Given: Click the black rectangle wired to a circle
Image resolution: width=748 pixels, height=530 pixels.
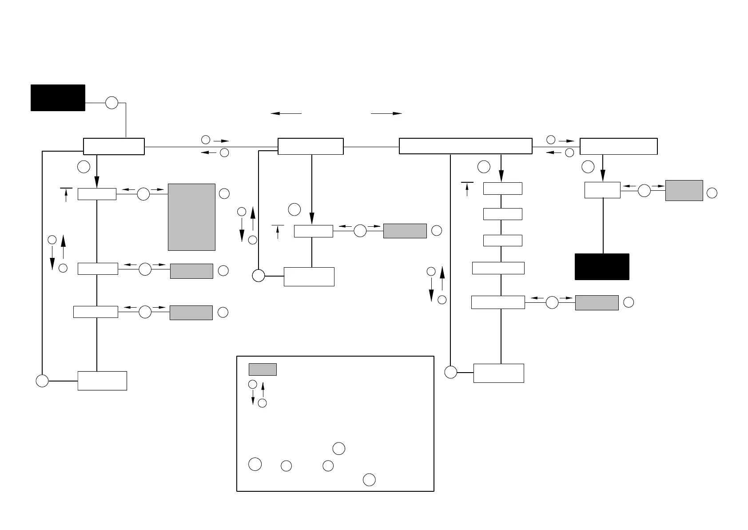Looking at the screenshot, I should pyautogui.click(x=58, y=98).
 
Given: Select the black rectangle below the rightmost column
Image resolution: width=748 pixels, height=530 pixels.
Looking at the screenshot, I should pyautogui.click(x=602, y=267).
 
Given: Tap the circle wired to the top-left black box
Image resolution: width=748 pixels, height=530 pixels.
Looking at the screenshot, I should pyautogui.click(x=112, y=103).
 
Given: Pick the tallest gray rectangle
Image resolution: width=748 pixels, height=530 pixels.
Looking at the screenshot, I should pyautogui.click(x=191, y=217).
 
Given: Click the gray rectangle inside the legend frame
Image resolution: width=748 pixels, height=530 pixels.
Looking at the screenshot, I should pyautogui.click(x=263, y=369).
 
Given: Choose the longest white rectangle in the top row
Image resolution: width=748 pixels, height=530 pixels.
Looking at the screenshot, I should pyautogui.click(x=466, y=146).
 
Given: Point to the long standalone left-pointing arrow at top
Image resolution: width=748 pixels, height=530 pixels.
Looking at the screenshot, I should pyautogui.click(x=286, y=113).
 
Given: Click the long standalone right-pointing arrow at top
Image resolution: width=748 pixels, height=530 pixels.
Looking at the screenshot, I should pyautogui.click(x=386, y=113).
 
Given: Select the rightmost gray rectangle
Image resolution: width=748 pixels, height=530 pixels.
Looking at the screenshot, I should pyautogui.click(x=684, y=190).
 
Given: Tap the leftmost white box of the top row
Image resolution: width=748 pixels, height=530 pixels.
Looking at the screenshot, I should pyautogui.click(x=114, y=146).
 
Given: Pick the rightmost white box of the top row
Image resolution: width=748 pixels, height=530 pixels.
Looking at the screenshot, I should pyautogui.click(x=618, y=146).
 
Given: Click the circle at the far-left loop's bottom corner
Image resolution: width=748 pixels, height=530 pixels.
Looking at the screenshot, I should pyautogui.click(x=42, y=381).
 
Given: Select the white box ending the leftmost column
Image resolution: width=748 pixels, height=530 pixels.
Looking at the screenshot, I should pyautogui.click(x=102, y=381).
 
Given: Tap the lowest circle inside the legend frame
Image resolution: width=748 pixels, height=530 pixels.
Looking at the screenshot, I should pyautogui.click(x=369, y=480).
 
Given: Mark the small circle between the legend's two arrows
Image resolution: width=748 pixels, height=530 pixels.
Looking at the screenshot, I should pyautogui.click(x=252, y=384).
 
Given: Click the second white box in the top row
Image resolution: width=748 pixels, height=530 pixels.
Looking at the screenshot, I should pyautogui.click(x=310, y=146).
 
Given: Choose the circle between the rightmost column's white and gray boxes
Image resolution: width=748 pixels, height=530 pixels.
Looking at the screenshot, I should pyautogui.click(x=644, y=191).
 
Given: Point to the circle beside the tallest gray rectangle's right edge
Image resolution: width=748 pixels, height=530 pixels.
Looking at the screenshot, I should pyautogui.click(x=224, y=193).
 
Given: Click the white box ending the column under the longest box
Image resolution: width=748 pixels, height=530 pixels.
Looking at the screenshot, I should pyautogui.click(x=498, y=373).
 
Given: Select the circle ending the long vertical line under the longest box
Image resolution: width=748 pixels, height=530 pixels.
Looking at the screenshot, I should pyautogui.click(x=451, y=372).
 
